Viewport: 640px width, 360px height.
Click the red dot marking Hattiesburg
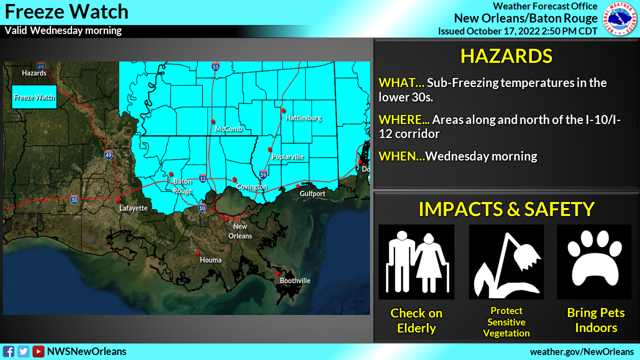pos(283,110)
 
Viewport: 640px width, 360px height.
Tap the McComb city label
pos(228,129)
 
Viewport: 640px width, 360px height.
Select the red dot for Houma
pos(198,252)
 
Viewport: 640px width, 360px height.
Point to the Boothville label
pos(295,280)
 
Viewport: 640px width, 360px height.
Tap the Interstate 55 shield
pos(215,66)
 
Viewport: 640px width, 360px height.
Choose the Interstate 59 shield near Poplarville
pos(263,174)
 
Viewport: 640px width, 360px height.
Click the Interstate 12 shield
pos(202,178)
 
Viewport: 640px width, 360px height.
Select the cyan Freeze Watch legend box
pos(34,97)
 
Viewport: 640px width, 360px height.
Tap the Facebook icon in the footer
pos(8,351)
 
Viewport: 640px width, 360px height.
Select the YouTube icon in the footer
pos(38,351)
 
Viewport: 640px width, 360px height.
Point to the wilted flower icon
pos(506,261)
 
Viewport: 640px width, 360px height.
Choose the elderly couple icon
pos(416,261)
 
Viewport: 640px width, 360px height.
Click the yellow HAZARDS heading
pos(506,56)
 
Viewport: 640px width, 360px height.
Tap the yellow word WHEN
pos(400,156)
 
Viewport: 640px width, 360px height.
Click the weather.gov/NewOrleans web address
pos(581,351)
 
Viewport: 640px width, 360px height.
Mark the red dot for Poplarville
pos(269,149)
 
